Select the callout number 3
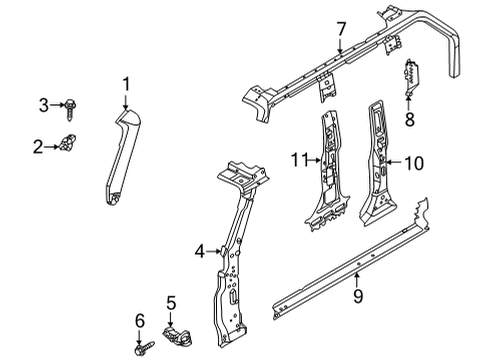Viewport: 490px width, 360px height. coord(43,104)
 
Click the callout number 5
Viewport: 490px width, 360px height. coord(170,303)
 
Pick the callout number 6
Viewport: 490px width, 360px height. coord(139,319)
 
